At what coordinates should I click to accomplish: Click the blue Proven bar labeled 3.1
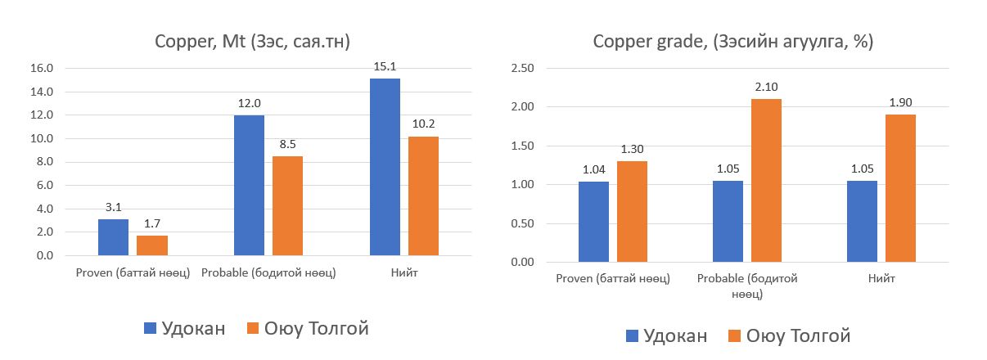click(x=113, y=237)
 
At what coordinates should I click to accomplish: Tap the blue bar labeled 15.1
click(x=385, y=167)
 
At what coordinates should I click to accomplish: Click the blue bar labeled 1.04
click(x=593, y=222)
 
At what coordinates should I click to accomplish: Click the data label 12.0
click(x=249, y=105)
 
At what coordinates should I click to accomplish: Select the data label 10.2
click(x=423, y=125)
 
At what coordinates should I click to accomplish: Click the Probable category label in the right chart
click(x=747, y=286)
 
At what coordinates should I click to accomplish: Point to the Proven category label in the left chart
click(x=133, y=272)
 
